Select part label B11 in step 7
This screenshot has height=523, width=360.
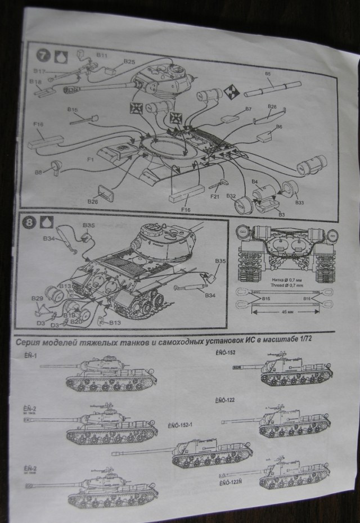click(x=102, y=55)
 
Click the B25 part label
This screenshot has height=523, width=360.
click(x=129, y=61)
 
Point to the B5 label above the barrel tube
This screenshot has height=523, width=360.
click(x=268, y=74)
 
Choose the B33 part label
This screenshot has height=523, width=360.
click(x=299, y=202)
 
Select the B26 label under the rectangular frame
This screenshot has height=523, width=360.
click(x=93, y=201)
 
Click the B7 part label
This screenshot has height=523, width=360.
click(x=248, y=109)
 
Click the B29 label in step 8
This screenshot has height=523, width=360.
click(x=37, y=297)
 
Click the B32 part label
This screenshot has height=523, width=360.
click(x=231, y=196)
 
